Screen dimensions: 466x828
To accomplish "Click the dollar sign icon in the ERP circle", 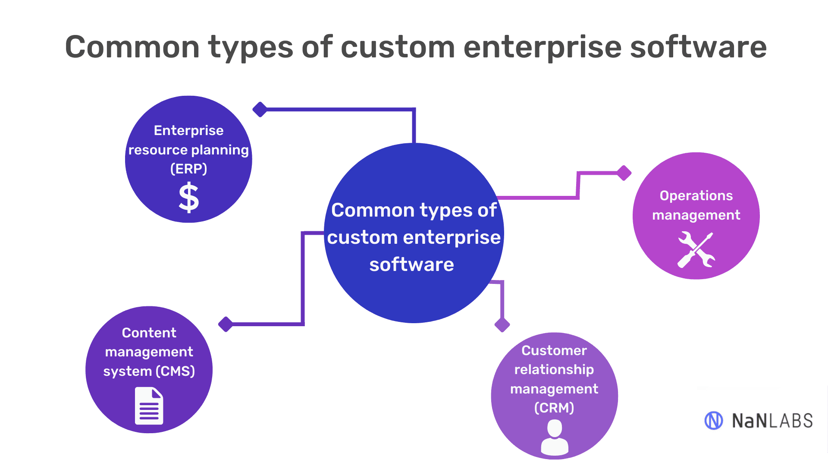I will [189, 198].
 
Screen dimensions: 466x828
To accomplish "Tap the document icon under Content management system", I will [149, 406].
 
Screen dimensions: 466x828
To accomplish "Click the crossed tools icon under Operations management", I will [696, 250].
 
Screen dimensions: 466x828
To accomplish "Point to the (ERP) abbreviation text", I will [189, 169].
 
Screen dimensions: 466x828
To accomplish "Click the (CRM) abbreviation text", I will [554, 408].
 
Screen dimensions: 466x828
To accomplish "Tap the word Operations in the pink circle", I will [696, 196].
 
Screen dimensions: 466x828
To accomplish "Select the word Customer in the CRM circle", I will [554, 350].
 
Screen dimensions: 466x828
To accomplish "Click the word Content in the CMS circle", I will [149, 333].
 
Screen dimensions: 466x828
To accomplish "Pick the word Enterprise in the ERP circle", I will [189, 130].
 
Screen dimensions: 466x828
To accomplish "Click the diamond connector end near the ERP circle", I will [260, 110].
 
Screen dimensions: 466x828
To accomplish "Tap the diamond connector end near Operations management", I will [624, 173].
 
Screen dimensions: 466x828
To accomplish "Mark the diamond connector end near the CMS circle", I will [226, 324].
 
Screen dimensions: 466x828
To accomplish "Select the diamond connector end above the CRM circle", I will [502, 324].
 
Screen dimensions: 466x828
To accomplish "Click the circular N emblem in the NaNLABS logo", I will [714, 420].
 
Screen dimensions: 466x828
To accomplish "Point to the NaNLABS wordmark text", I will [772, 421].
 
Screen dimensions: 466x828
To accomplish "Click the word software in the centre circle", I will [412, 264].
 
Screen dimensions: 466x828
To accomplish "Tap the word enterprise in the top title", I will [542, 47].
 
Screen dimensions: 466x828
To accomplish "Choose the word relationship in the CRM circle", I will [554, 370].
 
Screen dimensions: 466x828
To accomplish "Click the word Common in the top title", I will [132, 47].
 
